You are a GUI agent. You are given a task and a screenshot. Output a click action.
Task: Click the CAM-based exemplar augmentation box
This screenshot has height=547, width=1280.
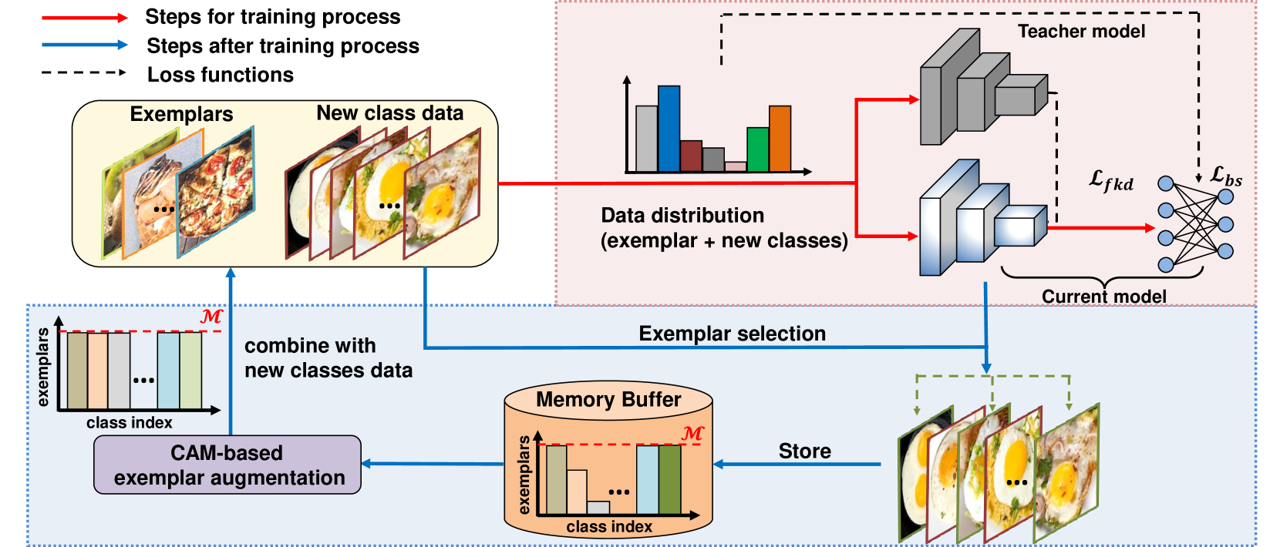227,465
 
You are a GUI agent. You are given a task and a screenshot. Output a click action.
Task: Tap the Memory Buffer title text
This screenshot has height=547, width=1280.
608,400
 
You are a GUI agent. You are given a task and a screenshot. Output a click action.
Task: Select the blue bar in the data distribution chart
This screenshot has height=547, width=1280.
669,129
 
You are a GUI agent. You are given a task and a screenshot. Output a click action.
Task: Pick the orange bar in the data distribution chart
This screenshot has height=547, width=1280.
780,139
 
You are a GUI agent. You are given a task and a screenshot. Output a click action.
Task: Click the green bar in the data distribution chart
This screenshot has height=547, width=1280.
758,149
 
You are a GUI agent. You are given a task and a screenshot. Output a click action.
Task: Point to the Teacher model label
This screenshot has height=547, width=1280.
1081,31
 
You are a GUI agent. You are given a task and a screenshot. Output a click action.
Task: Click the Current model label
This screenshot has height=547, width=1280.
1104,297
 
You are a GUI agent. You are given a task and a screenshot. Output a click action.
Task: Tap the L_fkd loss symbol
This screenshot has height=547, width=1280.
1111,181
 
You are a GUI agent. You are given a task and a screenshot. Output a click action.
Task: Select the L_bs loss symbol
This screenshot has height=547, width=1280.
1226,176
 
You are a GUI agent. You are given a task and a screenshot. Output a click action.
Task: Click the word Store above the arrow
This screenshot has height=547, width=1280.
804,451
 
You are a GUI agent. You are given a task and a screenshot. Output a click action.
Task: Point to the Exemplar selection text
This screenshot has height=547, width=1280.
732,334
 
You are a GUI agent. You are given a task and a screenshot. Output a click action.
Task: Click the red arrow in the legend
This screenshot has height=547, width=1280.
85,18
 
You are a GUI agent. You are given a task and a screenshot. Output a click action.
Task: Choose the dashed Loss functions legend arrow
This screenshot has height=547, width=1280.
84,72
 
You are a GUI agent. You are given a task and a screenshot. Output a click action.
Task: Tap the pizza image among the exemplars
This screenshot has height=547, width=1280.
215,193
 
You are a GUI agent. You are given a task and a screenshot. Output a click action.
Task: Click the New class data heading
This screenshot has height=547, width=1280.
389,113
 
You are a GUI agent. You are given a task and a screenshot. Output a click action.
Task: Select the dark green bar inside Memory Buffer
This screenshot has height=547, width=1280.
670,480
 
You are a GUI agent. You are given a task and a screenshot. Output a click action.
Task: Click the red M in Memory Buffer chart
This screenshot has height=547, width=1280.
692,434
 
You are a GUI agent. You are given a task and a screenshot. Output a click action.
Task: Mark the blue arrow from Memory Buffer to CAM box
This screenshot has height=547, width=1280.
433,464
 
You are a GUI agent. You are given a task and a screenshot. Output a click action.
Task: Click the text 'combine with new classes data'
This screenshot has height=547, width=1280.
328,358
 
